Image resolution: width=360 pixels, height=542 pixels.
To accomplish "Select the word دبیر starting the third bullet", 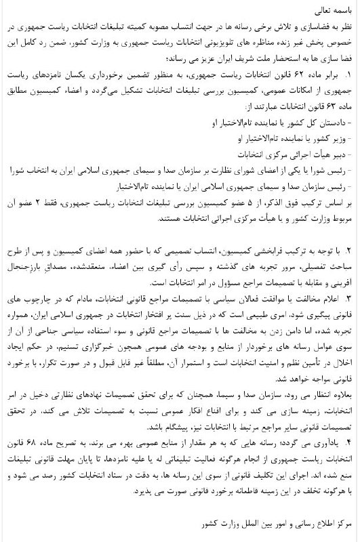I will (x=337, y=155).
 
